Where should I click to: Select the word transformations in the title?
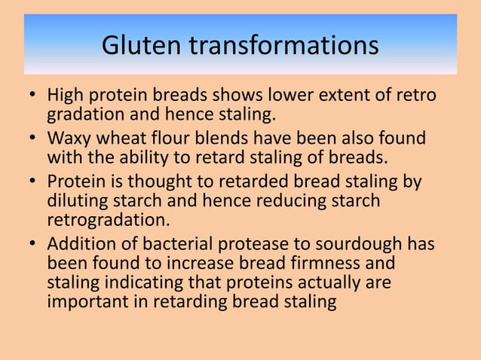pos(283,46)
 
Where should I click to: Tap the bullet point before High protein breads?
pos(32,98)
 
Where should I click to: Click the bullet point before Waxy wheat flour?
pos(32,140)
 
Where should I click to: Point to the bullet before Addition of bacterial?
pos(32,245)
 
